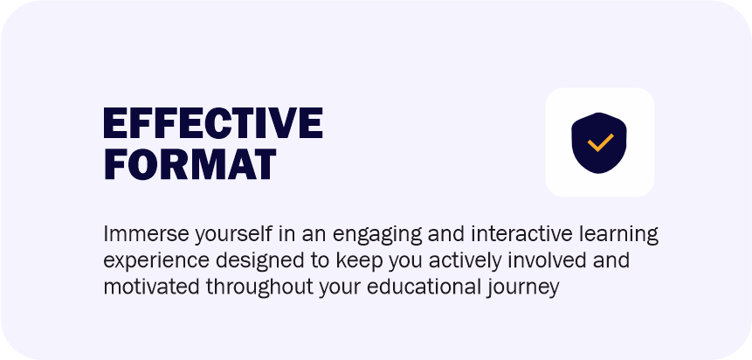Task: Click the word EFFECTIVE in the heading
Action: tap(213, 123)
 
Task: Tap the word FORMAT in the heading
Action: tap(190, 164)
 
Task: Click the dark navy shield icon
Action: tap(599, 142)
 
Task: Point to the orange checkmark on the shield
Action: tap(600, 142)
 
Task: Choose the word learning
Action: tap(618, 236)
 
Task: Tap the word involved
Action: tap(541, 260)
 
